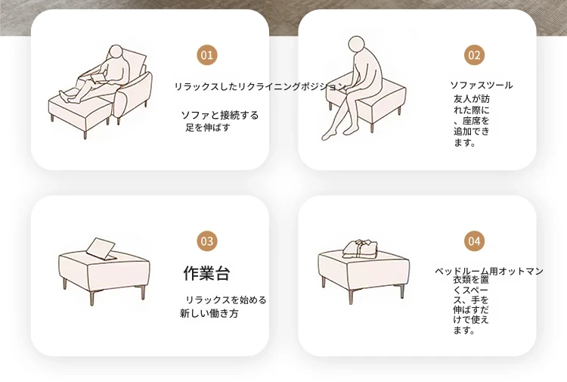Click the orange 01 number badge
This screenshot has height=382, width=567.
pyautogui.click(x=207, y=55)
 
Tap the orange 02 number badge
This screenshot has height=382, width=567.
pyautogui.click(x=474, y=55)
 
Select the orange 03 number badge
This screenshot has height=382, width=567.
pyautogui.click(x=207, y=241)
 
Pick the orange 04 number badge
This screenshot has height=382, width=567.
pyautogui.click(x=474, y=241)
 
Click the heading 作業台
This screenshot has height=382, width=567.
pyautogui.click(x=206, y=273)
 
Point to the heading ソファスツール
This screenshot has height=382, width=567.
pyautogui.click(x=482, y=85)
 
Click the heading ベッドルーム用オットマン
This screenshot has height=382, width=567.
pyautogui.click(x=489, y=271)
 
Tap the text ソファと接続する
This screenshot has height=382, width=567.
pyautogui.click(x=220, y=116)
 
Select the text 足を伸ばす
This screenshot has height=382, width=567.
pyautogui.click(x=208, y=127)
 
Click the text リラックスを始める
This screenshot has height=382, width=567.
pyautogui.click(x=226, y=300)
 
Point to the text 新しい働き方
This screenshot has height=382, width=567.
pyautogui.click(x=209, y=313)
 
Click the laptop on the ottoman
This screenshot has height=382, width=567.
pyautogui.click(x=101, y=249)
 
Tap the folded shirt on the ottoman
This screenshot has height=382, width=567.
pyautogui.click(x=360, y=249)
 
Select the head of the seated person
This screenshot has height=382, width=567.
pyautogui.click(x=357, y=44)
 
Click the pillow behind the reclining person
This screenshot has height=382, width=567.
pyautogui.click(x=135, y=65)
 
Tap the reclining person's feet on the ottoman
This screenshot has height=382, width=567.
pyautogui.click(x=64, y=95)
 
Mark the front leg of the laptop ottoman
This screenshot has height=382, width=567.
pyautogui.click(x=91, y=297)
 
